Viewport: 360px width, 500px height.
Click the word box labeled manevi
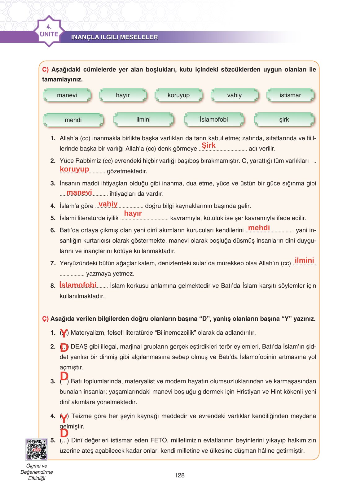(67, 95)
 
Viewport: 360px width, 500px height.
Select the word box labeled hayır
(123, 95)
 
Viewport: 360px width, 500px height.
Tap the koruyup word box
(178, 95)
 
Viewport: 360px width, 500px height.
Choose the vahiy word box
(234, 95)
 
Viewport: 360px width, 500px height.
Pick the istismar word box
(290, 95)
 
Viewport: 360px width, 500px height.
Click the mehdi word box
(73, 120)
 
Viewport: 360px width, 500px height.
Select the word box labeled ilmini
(143, 120)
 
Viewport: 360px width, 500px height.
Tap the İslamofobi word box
(214, 120)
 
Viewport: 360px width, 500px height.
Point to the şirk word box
(284, 120)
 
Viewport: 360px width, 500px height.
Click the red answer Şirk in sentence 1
(209, 145)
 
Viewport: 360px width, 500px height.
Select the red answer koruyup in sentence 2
(74, 169)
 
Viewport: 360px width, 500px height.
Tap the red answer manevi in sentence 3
(79, 192)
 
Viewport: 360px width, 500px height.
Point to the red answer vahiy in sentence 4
(108, 204)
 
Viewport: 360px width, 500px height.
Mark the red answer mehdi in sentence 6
(259, 228)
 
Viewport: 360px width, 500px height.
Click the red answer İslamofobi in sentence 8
(78, 285)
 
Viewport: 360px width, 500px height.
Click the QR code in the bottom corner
(37, 449)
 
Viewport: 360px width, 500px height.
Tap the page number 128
(179, 475)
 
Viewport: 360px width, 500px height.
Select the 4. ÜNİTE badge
(49, 31)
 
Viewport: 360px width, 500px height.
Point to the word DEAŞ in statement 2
(79, 347)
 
